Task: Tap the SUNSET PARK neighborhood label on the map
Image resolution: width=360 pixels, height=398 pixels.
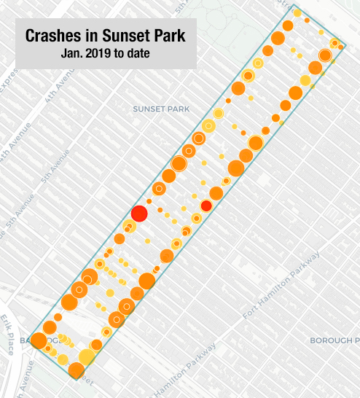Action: [160, 109]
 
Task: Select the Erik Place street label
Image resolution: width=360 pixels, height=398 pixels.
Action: [8, 335]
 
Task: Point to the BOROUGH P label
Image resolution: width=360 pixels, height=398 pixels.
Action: [334, 340]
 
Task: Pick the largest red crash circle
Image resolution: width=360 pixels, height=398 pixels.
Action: [139, 214]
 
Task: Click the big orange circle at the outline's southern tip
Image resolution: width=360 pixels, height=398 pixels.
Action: [76, 371]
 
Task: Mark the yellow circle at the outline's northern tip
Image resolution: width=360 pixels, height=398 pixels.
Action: [297, 13]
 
